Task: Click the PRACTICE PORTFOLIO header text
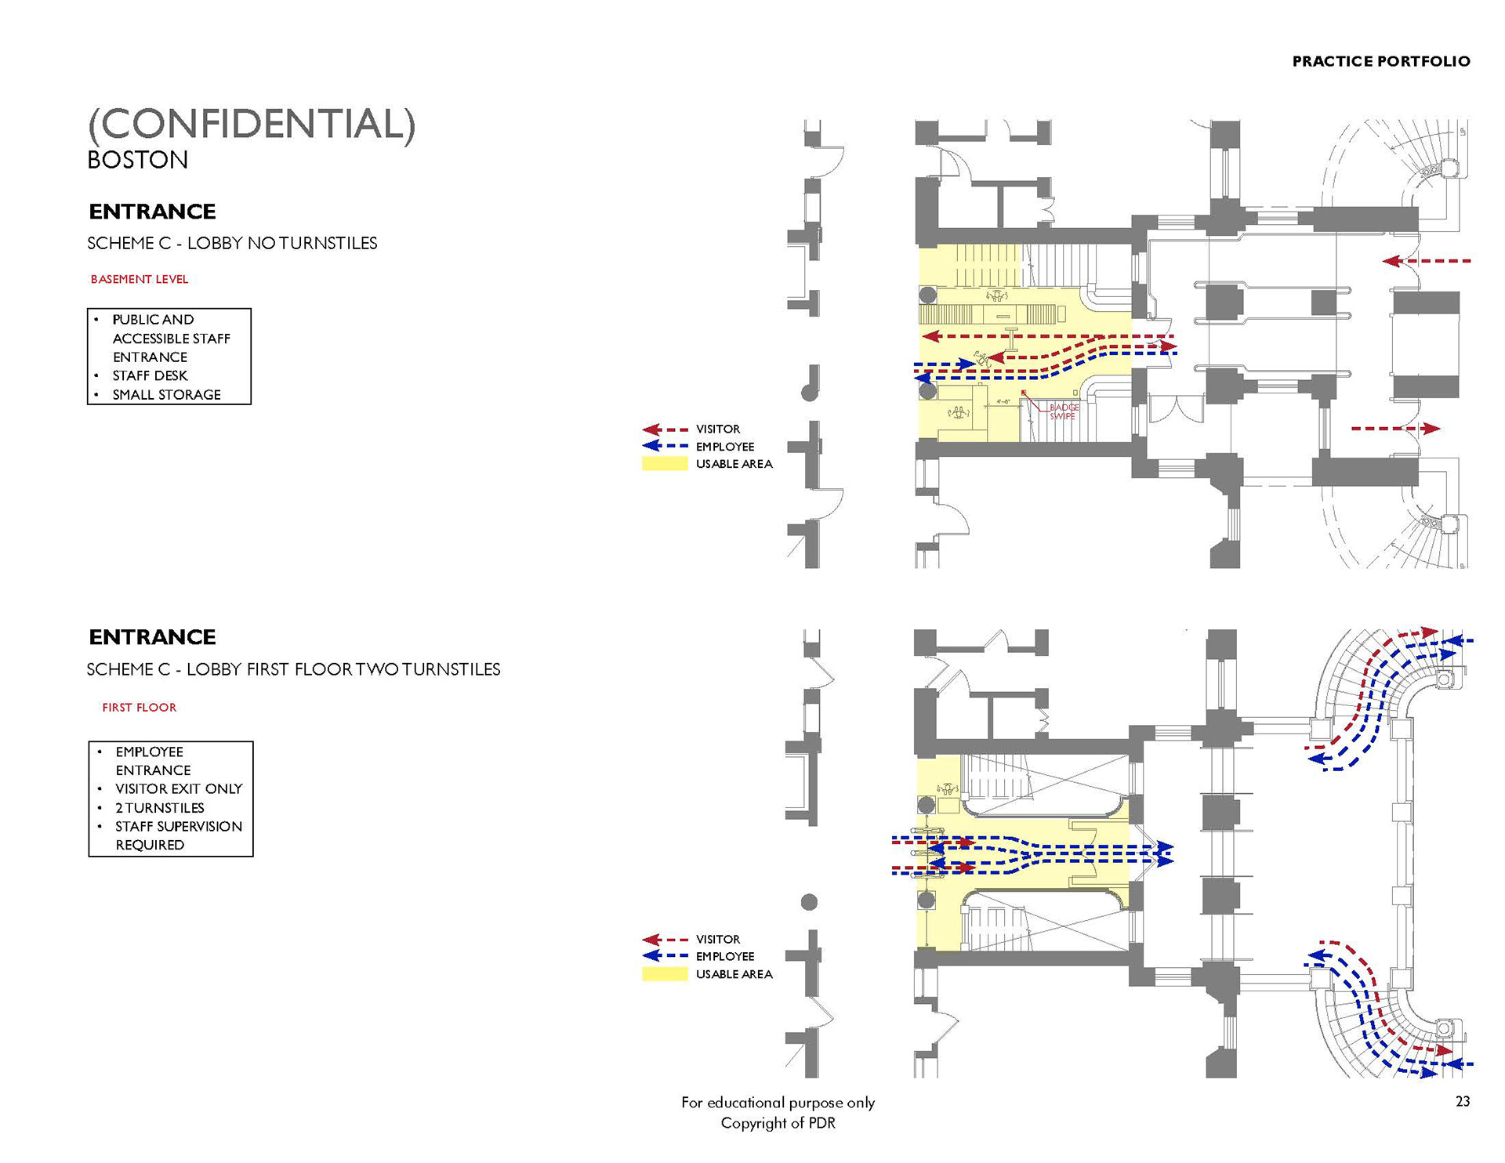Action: click(x=1380, y=61)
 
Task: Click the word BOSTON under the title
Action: click(x=138, y=160)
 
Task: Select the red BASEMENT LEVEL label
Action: click(x=140, y=279)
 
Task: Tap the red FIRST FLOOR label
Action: click(x=140, y=707)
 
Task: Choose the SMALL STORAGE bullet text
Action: click(x=166, y=394)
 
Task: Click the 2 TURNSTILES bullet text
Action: click(x=160, y=807)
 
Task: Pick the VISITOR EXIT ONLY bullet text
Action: click(x=179, y=788)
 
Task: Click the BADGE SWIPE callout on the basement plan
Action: click(x=1064, y=411)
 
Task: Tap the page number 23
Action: click(x=1463, y=1101)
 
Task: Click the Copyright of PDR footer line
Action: click(x=778, y=1123)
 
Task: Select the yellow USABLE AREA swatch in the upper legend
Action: click(x=665, y=463)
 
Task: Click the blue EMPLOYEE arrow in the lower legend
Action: click(x=665, y=955)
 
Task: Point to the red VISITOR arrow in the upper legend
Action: click(x=665, y=429)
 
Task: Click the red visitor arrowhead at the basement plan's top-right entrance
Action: click(x=1391, y=261)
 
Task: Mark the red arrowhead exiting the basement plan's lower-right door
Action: click(x=1432, y=429)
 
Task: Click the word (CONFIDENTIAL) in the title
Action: click(x=252, y=124)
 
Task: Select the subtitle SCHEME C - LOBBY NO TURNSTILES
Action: click(x=232, y=243)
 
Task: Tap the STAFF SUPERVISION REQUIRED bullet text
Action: click(x=179, y=835)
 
